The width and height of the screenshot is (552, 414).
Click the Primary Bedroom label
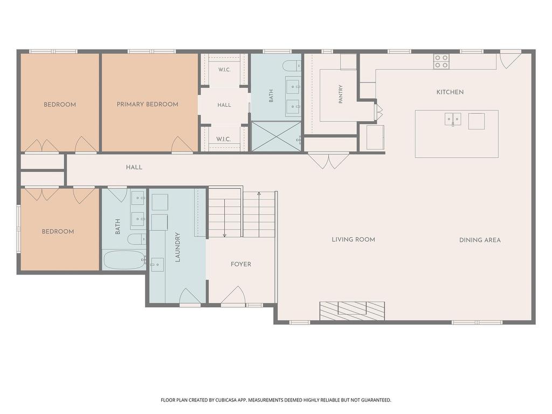pos(147,104)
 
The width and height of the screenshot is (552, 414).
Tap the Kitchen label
pos(450,92)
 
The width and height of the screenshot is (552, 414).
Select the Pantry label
pos(341,94)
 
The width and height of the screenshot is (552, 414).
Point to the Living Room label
pos(354,239)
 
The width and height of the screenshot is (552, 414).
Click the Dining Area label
pos(480,240)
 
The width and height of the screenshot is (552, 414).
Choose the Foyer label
pos(241,264)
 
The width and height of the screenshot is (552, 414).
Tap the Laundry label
pos(177,247)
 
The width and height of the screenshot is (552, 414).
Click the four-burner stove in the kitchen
pos(441,61)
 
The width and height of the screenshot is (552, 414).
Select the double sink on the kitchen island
pos(453,119)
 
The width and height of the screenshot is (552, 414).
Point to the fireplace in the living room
pos(352,311)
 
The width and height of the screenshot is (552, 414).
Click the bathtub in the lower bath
pos(125,260)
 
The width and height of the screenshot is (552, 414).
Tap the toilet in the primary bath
pos(292,65)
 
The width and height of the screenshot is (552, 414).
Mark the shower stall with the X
pos(276,136)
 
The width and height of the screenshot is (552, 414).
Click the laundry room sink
pos(157,264)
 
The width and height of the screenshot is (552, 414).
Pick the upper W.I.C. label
pos(224,70)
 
